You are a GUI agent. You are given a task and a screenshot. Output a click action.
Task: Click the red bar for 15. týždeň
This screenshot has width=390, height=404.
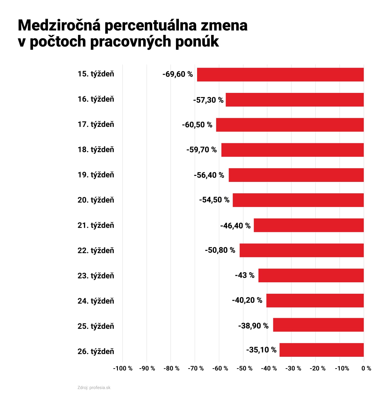(280, 74)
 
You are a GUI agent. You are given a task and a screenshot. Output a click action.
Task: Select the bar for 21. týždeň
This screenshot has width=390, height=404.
(309, 225)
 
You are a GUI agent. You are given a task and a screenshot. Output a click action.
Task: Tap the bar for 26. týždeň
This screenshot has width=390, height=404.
(322, 350)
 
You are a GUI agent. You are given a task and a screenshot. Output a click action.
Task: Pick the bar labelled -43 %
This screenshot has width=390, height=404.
(311, 275)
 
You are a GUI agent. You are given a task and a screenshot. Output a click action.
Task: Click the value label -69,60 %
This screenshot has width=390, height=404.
(178, 74)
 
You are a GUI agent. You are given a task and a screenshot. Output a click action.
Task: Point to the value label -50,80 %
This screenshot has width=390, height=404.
(220, 250)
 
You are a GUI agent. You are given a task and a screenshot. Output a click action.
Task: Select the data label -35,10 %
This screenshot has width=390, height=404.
(261, 350)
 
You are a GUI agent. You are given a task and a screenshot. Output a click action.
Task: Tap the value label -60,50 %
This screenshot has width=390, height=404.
(197, 125)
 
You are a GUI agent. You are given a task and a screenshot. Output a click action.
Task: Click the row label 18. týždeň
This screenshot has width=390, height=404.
(96, 150)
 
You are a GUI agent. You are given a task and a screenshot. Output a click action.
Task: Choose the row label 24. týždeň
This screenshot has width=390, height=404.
(96, 301)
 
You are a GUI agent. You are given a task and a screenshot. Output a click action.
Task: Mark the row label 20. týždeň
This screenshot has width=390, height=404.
(96, 200)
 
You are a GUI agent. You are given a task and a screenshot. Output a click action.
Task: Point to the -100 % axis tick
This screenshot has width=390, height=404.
(123, 368)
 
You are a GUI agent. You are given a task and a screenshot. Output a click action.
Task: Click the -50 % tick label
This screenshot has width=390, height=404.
(244, 368)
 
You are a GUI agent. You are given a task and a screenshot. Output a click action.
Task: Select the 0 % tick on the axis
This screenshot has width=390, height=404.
(366, 368)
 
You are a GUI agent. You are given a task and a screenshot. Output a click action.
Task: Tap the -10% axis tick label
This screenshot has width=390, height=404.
(342, 368)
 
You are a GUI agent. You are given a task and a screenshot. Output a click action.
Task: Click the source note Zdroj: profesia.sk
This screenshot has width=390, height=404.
(94, 388)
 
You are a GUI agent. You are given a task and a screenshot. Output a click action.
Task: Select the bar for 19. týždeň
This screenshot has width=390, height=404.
(296, 175)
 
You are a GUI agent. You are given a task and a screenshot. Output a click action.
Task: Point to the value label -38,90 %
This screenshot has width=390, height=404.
(253, 326)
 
